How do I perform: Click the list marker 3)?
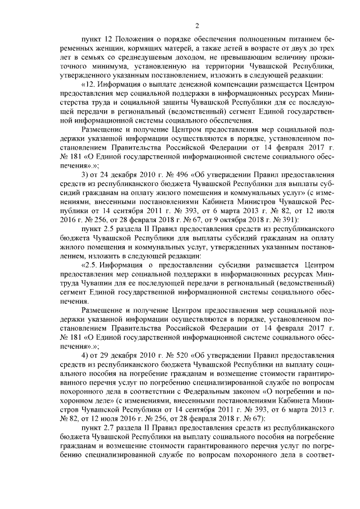coord(85,174)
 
